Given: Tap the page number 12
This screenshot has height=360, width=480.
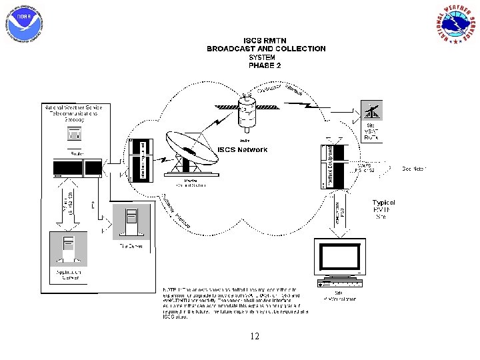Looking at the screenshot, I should pos(255,337).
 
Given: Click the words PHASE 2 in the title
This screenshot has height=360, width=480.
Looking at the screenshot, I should pos(265,65).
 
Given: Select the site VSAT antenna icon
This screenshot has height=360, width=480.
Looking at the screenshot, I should pos(371,110).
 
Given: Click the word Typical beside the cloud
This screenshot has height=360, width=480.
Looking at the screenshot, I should pos(383,203).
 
